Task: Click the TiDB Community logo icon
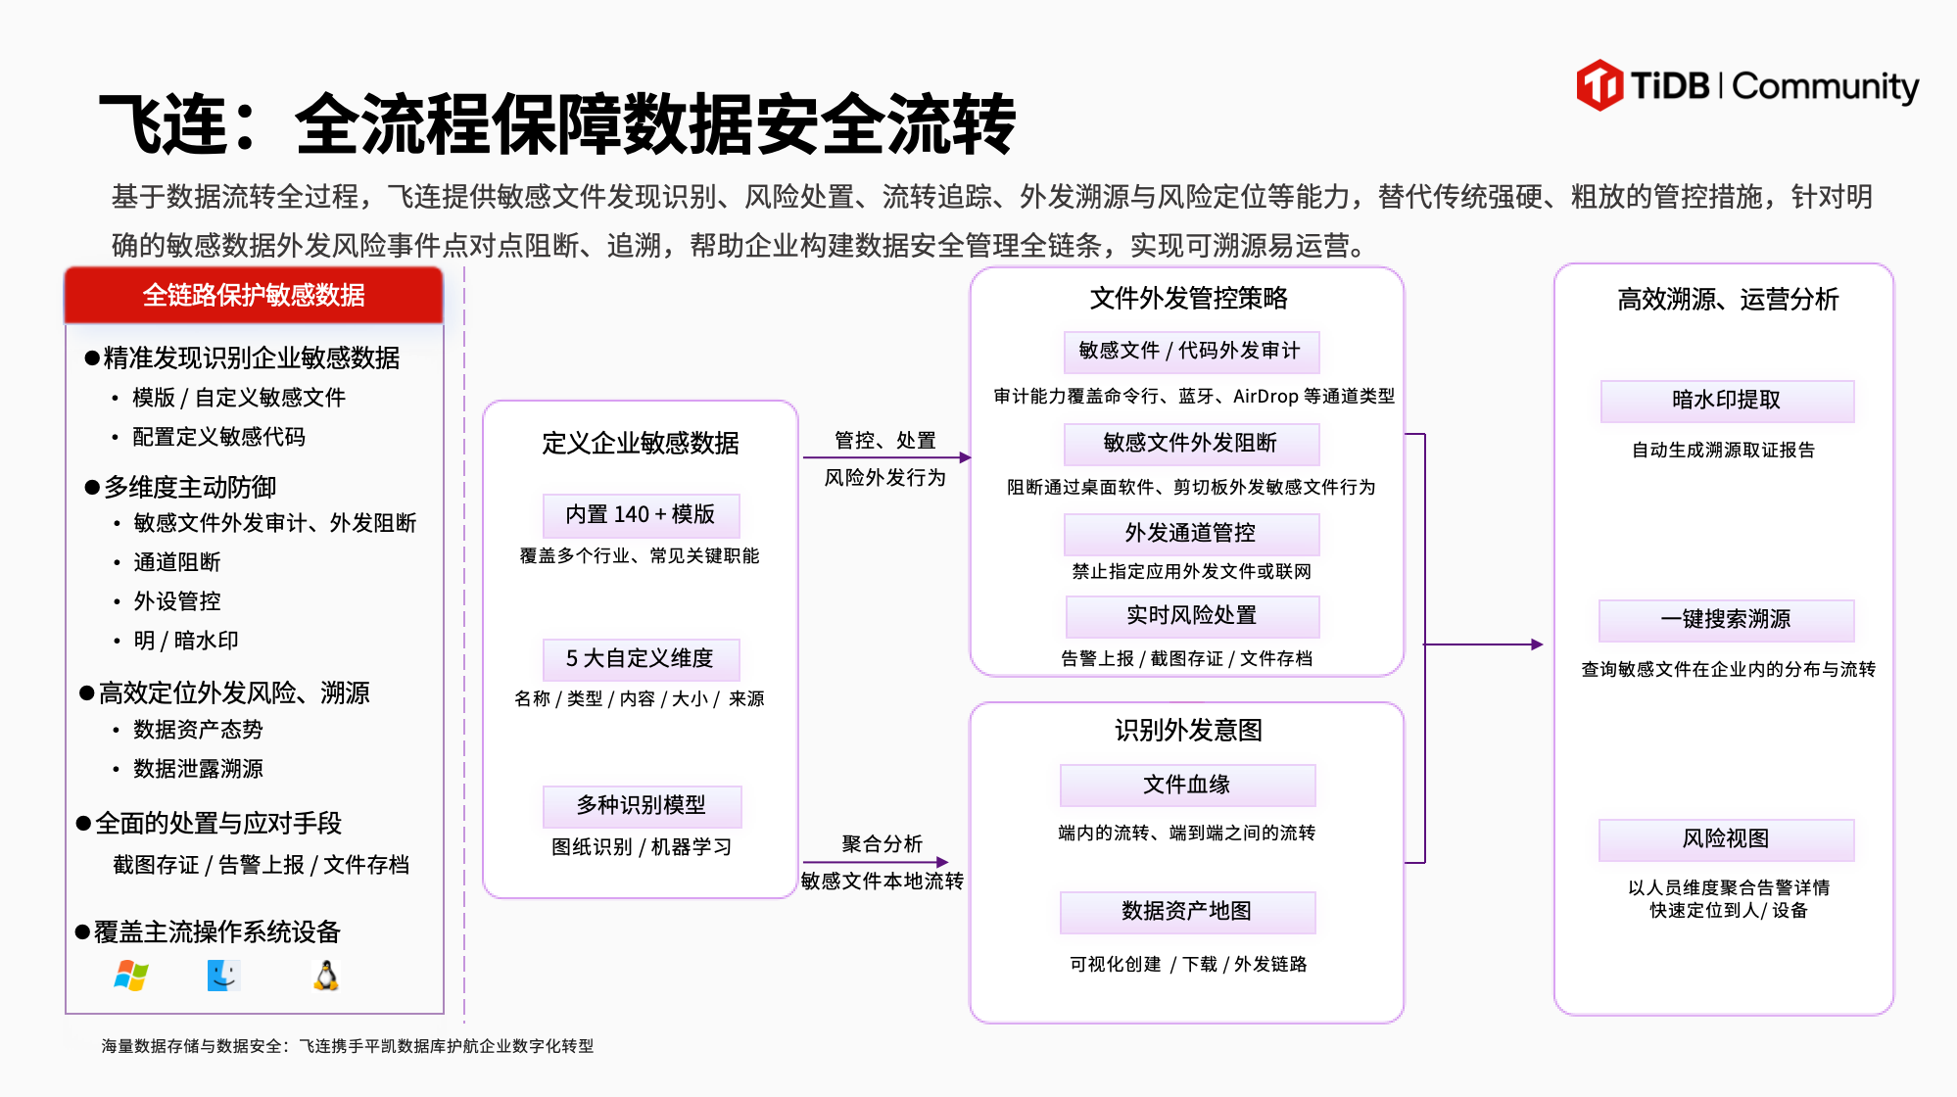click(x=1599, y=85)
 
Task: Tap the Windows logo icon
click(x=131, y=976)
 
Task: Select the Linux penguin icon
click(x=326, y=976)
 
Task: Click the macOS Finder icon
click(x=223, y=976)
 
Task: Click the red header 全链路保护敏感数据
click(x=254, y=295)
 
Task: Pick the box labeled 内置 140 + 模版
click(x=641, y=514)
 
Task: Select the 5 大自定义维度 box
click(x=641, y=658)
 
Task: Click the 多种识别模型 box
click(x=642, y=805)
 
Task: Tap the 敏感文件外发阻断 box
click(x=1191, y=443)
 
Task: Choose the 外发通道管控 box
click(x=1191, y=533)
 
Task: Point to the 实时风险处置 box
click(x=1192, y=615)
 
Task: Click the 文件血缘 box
click(x=1187, y=785)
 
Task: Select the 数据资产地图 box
click(x=1187, y=911)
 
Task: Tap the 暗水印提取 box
click(x=1727, y=400)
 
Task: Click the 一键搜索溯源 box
click(x=1727, y=619)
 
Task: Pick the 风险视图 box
click(x=1726, y=838)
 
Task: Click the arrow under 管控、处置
click(x=886, y=457)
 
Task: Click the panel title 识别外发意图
click(x=1188, y=730)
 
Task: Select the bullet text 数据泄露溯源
click(x=199, y=769)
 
